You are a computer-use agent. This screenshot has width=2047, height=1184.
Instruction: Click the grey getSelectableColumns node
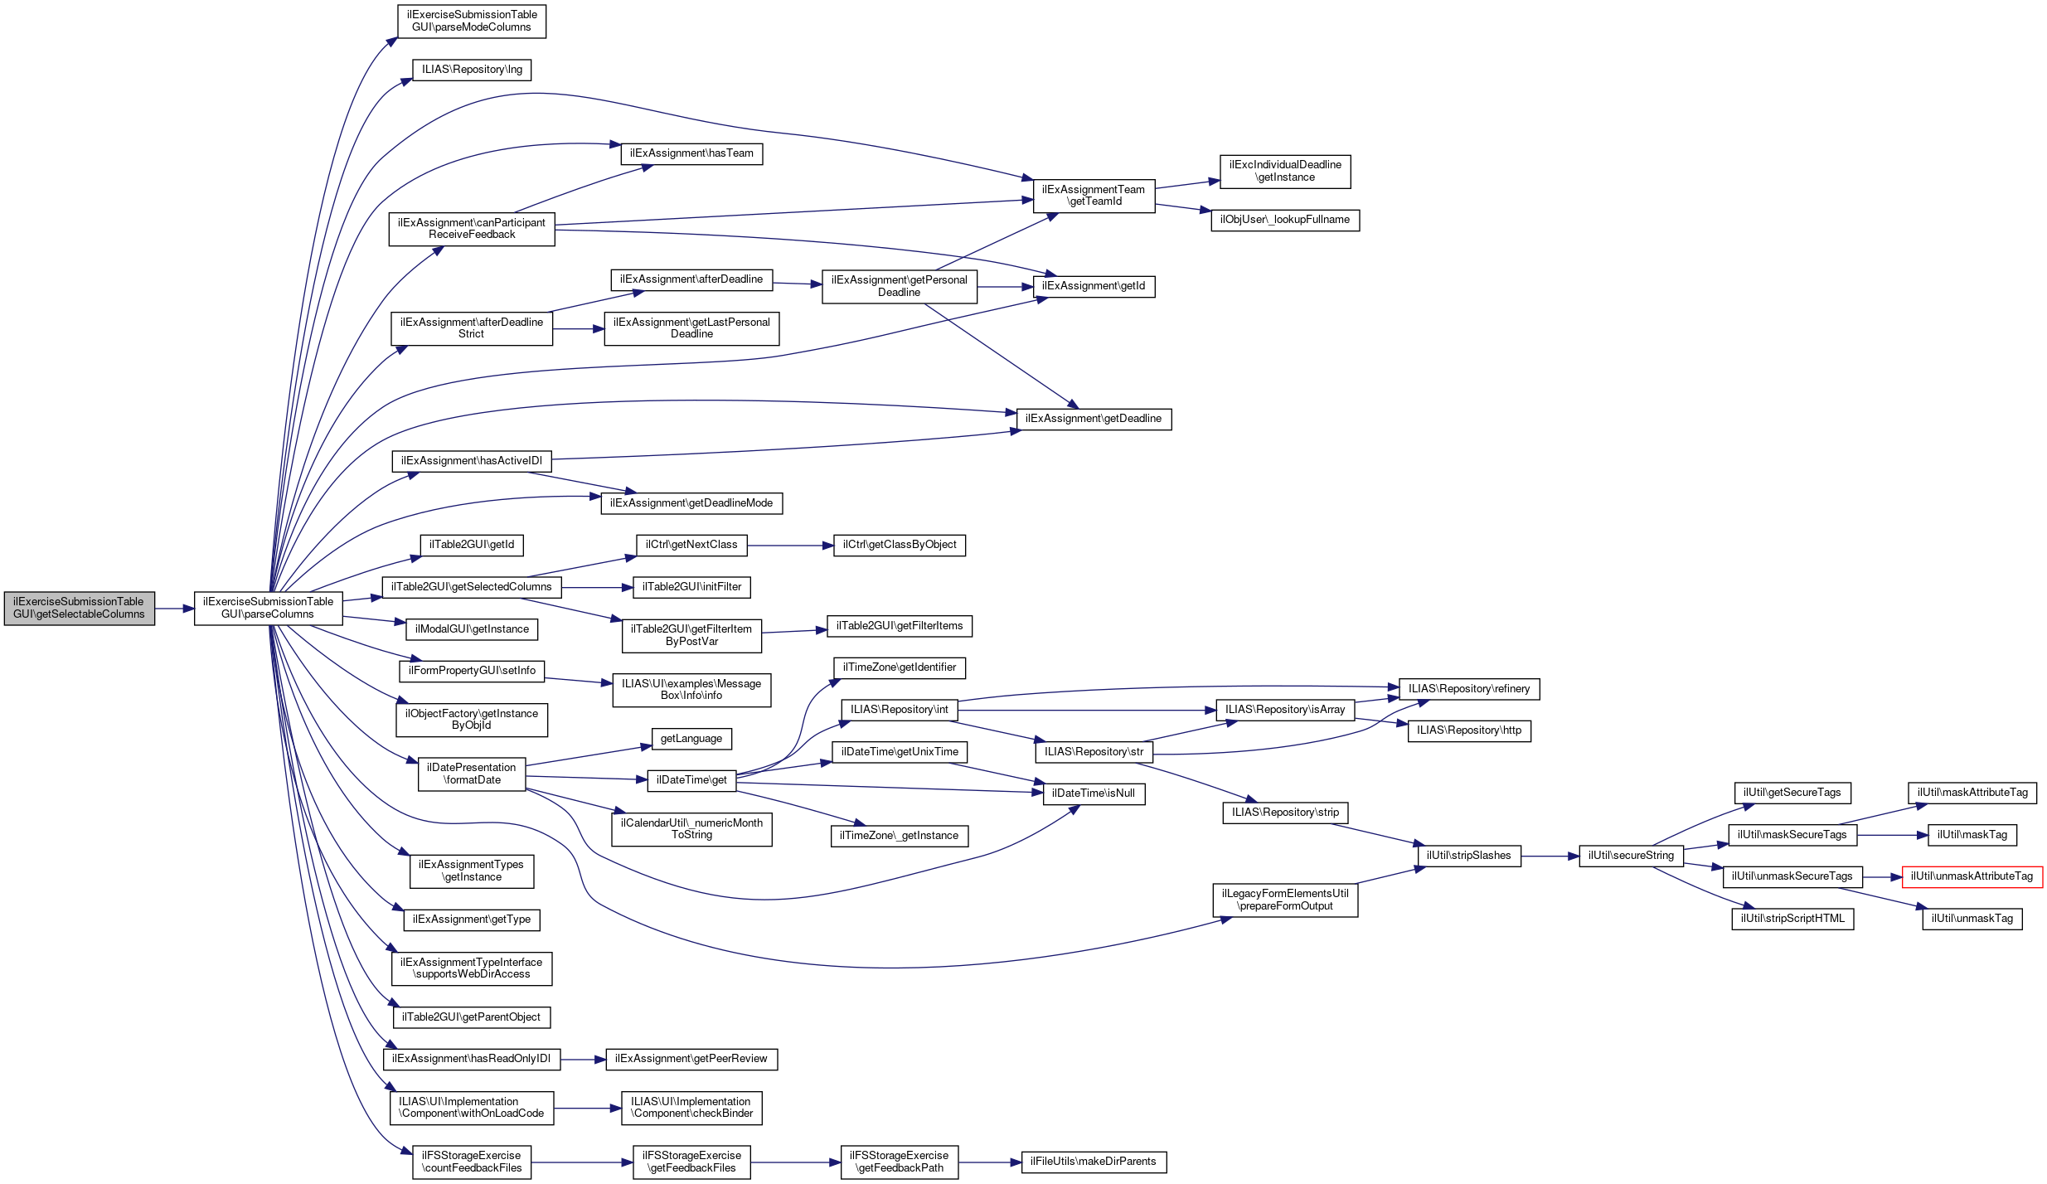[79, 608]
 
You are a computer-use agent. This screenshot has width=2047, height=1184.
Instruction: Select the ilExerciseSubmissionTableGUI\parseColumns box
[268, 608]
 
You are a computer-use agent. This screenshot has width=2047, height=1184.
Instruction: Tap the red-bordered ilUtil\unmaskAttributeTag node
[1971, 876]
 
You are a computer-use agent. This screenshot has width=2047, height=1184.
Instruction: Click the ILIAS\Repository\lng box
[472, 70]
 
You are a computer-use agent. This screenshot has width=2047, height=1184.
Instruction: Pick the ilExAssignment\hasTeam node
[691, 153]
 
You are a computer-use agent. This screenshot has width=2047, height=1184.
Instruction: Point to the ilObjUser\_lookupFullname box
[1284, 220]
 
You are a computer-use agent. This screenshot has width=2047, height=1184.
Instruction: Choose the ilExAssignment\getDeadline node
[1094, 419]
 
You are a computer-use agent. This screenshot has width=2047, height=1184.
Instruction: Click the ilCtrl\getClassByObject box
[899, 545]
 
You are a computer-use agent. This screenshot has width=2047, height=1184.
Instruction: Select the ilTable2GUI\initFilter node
[691, 587]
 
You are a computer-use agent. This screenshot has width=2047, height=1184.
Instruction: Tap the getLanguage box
[691, 739]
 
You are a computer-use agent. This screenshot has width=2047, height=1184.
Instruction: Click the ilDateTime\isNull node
[1093, 793]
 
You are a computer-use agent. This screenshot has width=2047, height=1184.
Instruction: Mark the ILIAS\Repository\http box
[1468, 730]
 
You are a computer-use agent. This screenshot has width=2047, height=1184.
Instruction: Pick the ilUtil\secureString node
[1630, 856]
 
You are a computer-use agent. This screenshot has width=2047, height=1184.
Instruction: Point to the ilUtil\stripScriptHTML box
[1792, 919]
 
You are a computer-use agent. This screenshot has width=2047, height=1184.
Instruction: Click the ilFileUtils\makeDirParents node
[1093, 1162]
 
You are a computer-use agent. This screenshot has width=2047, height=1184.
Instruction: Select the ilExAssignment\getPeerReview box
[691, 1059]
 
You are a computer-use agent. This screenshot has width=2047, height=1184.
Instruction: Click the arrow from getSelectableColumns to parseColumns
[174, 609]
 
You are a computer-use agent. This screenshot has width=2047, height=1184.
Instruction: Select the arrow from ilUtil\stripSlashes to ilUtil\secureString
[1550, 856]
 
